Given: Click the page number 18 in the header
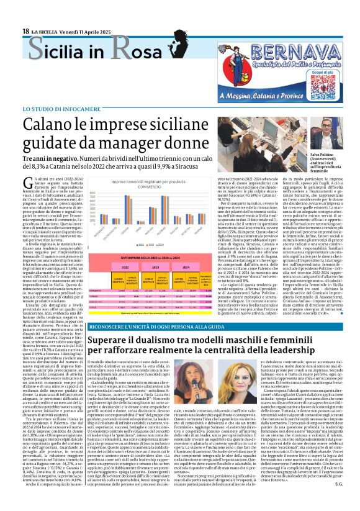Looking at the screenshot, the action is [x=25, y=31].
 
